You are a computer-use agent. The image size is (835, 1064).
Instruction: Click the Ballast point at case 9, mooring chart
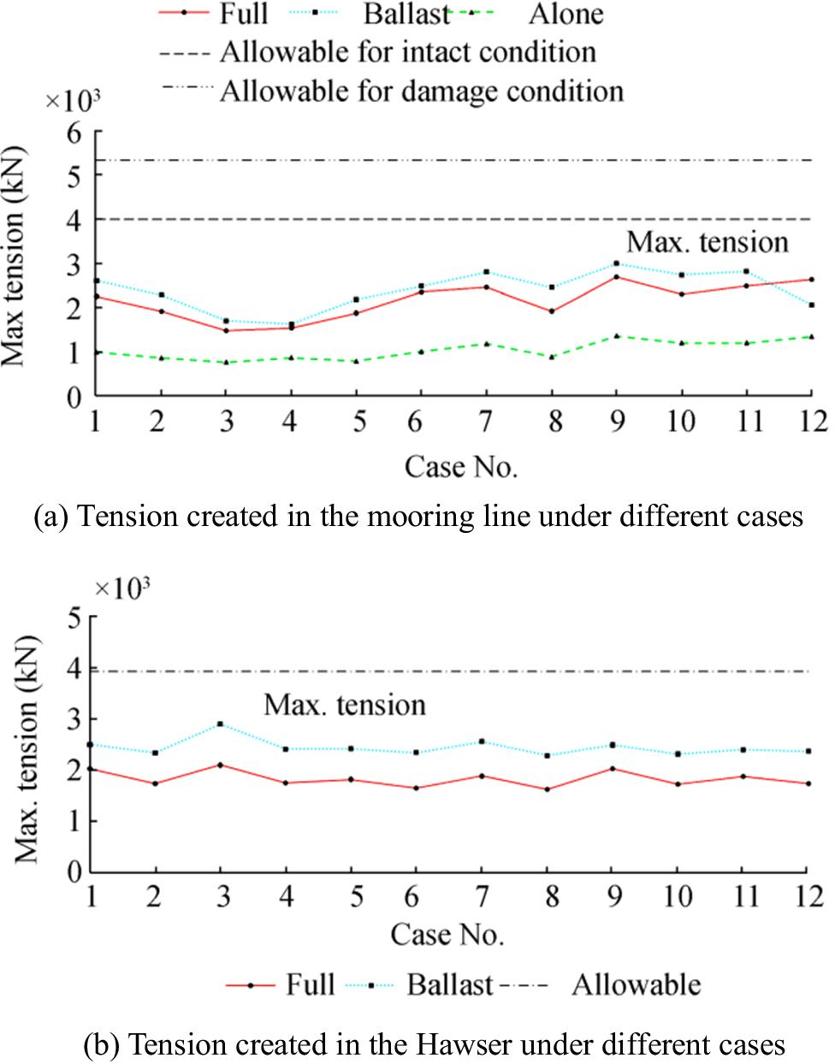point(616,263)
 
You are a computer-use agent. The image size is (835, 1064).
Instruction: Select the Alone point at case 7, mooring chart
point(486,344)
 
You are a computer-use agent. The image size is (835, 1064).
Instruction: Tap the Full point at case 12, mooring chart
point(811,280)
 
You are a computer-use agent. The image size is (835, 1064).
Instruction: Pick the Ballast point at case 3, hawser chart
point(221,724)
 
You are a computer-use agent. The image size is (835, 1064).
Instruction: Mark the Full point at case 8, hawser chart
point(547,789)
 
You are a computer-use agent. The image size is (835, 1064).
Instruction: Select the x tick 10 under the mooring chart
point(681,422)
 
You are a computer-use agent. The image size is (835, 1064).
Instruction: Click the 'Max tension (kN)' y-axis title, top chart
point(15,257)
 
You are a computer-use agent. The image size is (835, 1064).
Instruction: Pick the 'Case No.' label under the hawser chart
point(447,934)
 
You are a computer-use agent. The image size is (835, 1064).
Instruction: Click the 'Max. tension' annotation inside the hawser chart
point(344,705)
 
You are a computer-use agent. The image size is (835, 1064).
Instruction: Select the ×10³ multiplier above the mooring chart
point(73,100)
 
